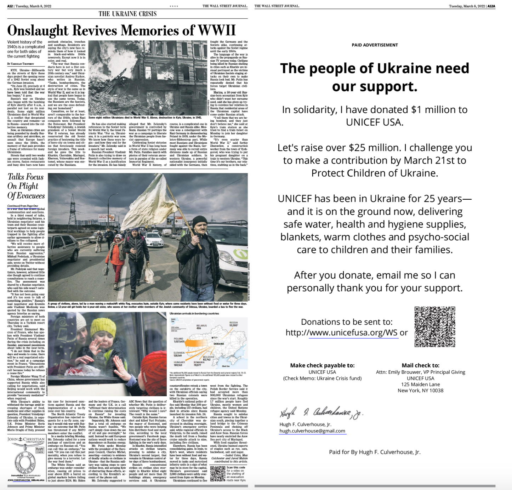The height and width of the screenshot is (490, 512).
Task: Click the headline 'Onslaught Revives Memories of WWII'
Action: coord(121,30)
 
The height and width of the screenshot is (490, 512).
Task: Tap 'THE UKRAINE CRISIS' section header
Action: coord(127,14)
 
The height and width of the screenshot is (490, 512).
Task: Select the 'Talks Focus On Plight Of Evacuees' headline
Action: coord(26,186)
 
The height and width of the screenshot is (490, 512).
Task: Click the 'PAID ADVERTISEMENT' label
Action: coord(375,45)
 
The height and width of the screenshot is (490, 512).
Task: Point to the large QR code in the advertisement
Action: coord(434,327)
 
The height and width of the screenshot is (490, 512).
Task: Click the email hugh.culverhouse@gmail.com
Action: coord(312,431)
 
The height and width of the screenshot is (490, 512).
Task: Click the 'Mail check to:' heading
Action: coord(420,365)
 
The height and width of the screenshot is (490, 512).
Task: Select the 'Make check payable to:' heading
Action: coord(322,365)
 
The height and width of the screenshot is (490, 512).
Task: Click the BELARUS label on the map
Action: coord(201,326)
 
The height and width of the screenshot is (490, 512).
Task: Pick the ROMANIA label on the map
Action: coord(199,362)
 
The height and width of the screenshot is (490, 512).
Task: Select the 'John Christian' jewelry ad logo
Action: coord(26,439)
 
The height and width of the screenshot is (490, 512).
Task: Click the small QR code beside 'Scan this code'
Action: coord(217,473)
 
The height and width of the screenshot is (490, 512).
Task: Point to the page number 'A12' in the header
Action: coord(10,6)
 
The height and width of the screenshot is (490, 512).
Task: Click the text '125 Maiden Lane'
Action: coord(420,384)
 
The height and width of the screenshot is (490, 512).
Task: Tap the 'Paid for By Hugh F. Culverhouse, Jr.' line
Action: coord(375,452)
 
